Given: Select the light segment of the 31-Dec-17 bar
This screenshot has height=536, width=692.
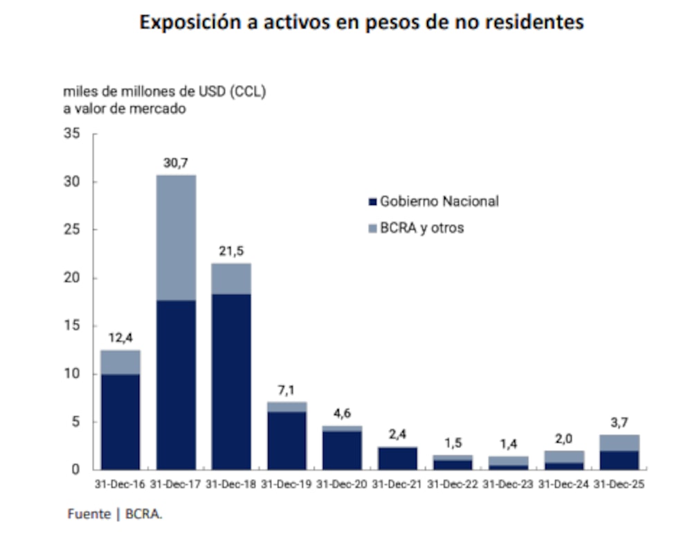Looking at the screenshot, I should coord(176,238).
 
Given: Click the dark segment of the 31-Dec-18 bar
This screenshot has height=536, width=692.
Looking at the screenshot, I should coord(231,381).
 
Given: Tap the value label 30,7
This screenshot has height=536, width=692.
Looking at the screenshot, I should coord(176,163).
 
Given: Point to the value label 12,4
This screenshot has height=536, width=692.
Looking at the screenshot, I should coord(120,338).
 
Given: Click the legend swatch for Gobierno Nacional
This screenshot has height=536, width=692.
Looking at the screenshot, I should coord(372,202).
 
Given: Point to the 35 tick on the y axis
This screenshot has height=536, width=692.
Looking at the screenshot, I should coord(73,134).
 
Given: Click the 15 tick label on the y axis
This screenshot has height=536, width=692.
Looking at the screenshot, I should coord(73,325).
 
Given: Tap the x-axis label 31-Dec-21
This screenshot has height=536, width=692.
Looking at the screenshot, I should coord(397,485).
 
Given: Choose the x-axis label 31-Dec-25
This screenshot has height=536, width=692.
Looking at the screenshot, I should coord(619,485).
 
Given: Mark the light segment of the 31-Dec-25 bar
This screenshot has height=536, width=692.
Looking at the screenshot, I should coord(619,443).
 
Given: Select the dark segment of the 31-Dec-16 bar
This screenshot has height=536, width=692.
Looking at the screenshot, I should coord(120,421).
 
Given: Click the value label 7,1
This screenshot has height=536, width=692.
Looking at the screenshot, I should coord(286,390).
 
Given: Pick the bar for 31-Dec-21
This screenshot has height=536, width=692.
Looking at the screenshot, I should coord(397,458).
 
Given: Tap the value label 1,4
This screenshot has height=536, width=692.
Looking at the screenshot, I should coord(508,445).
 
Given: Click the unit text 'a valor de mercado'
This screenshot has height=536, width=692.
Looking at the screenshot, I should coord(125,109).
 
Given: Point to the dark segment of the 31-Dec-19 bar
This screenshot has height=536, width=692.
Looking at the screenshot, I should coord(286,440).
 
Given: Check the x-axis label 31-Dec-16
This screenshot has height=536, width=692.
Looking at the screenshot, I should coord(120,485).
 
